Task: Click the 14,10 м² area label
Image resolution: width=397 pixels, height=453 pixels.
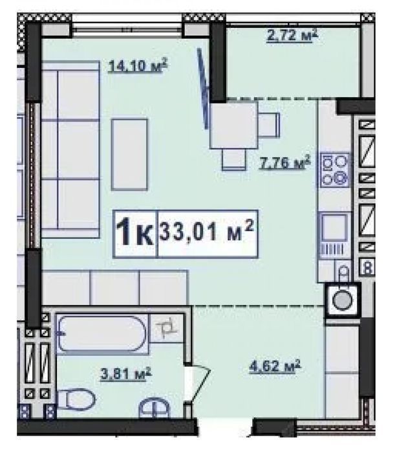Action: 138,65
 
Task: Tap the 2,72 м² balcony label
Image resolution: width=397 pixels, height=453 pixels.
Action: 292,35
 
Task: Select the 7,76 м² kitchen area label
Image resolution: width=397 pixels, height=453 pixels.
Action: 285,162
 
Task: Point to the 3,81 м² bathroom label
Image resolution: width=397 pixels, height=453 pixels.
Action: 125,374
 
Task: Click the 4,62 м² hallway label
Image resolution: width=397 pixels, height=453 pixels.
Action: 275,366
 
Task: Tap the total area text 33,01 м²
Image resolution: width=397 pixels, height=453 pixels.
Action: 207,230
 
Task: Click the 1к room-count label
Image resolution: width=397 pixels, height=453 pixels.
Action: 135,232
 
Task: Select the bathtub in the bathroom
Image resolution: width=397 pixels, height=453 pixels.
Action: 103,334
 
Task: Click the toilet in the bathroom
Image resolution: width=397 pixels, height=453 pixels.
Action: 76,399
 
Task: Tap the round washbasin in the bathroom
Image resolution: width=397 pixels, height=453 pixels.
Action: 154,408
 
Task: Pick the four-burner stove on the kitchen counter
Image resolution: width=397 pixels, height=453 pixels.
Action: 335,170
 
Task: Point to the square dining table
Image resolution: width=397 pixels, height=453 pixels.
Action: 233,126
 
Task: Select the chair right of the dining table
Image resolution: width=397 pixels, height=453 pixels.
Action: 269,125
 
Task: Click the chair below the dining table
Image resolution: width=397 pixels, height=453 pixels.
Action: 234,159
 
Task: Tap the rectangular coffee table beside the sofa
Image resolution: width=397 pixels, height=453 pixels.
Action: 129,155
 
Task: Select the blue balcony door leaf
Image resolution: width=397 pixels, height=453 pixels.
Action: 203,89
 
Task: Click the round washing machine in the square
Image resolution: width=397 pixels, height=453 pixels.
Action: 343,300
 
